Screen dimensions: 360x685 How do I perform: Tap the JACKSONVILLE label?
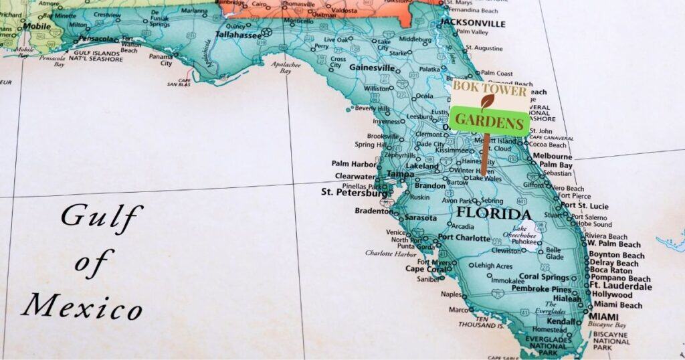[x=472, y=23]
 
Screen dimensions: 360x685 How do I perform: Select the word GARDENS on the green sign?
[x=490, y=122]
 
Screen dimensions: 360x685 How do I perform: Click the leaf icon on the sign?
[x=488, y=102]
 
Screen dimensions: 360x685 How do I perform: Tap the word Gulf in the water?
[x=102, y=216]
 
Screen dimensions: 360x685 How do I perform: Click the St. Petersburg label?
[x=354, y=192]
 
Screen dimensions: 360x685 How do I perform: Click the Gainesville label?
[x=372, y=68]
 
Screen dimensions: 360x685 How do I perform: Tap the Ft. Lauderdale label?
[x=620, y=286]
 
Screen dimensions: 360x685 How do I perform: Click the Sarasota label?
[x=420, y=218]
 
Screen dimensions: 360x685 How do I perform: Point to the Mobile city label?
[x=37, y=27]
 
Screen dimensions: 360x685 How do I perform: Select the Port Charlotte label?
[x=464, y=238]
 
